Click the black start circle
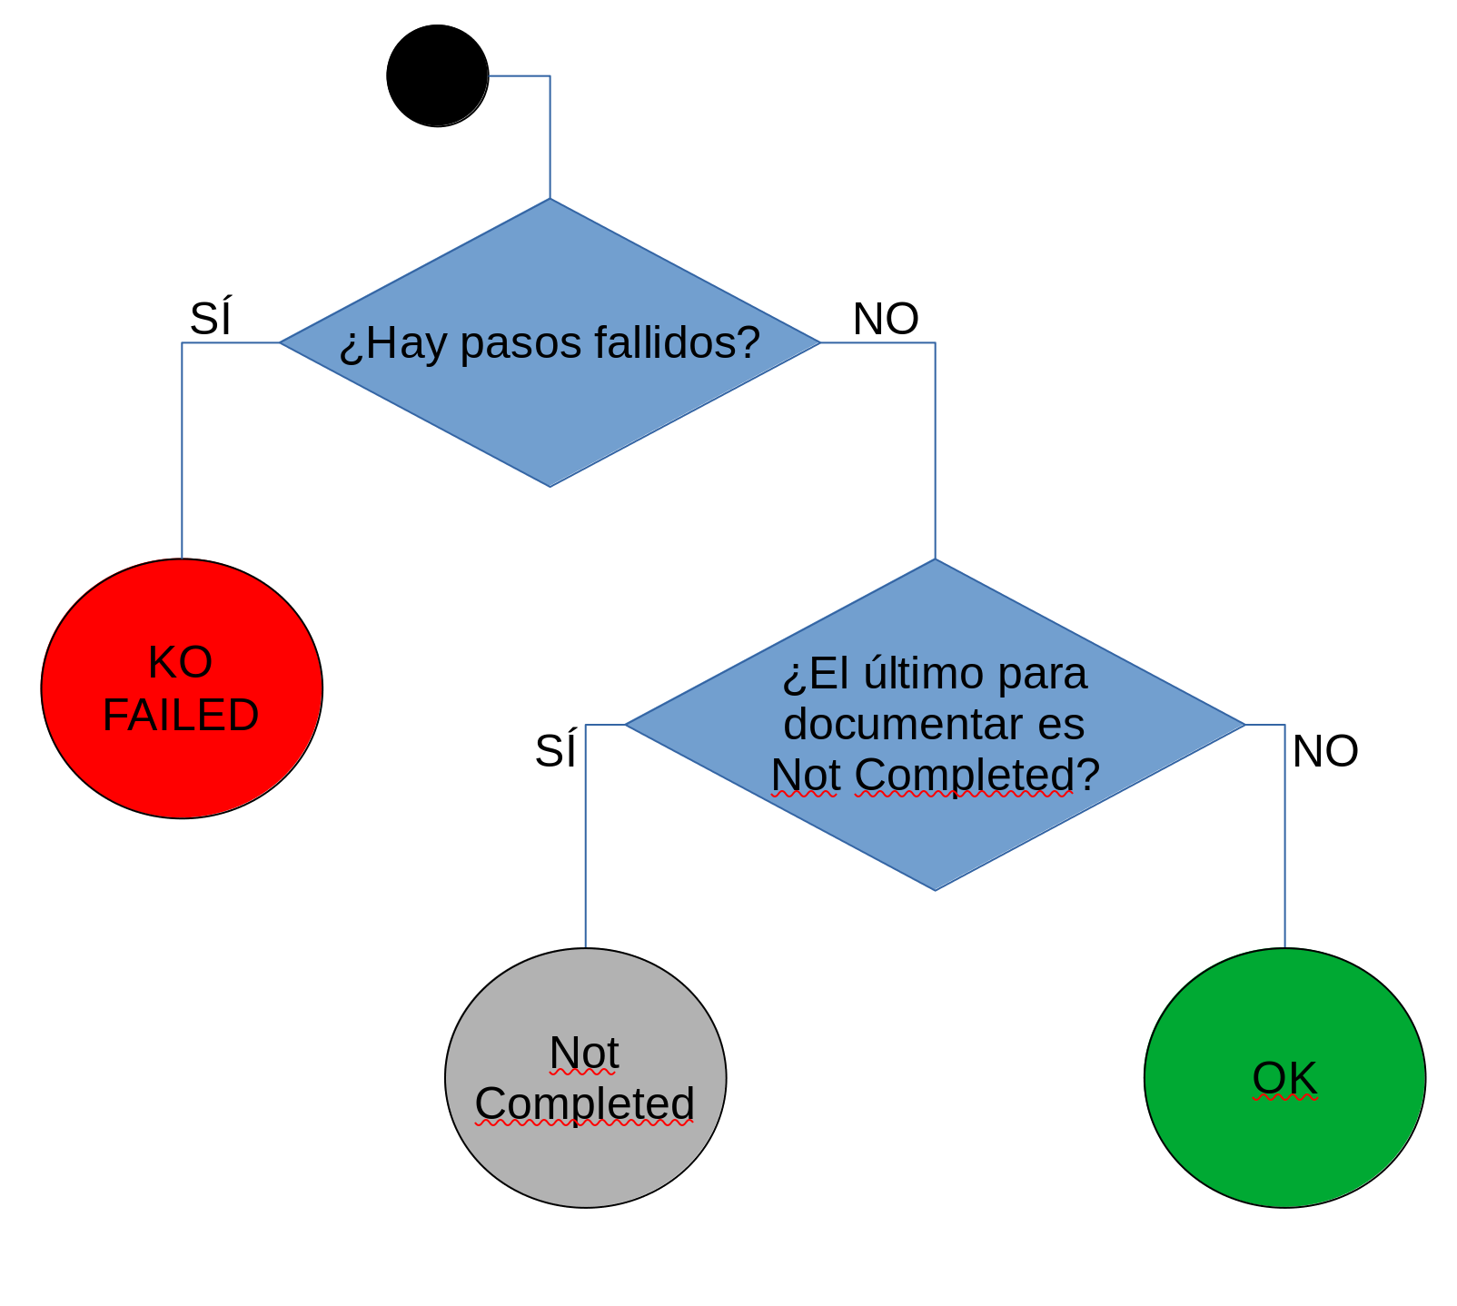(x=438, y=76)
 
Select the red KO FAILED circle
(x=182, y=688)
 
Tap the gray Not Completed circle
(x=586, y=1078)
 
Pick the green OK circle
(x=1284, y=1078)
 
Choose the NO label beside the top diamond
(x=886, y=319)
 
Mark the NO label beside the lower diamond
(x=1325, y=751)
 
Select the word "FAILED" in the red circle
(x=181, y=715)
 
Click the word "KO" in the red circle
(x=181, y=662)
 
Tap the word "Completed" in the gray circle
(x=585, y=1104)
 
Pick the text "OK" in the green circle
(x=1284, y=1078)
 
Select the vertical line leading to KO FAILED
(x=182, y=450)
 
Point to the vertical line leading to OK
(x=1284, y=836)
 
